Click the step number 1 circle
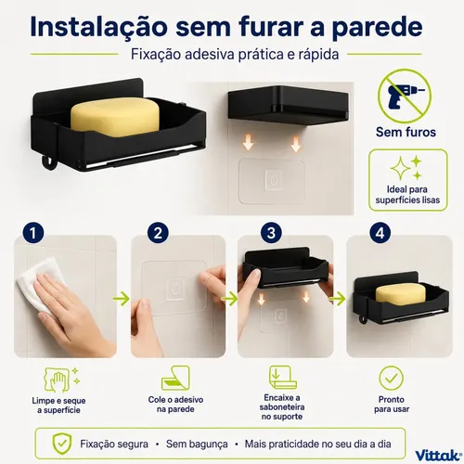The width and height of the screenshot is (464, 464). [33, 233]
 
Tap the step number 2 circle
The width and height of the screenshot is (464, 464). [158, 233]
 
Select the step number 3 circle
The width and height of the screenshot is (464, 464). [271, 233]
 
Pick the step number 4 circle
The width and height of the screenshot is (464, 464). [380, 233]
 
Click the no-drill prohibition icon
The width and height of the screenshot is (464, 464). [405, 96]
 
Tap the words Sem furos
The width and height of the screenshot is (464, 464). [406, 132]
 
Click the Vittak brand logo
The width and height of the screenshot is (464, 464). [436, 456]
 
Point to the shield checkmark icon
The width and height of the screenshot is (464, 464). [62, 444]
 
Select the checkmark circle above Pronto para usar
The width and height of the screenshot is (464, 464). [392, 378]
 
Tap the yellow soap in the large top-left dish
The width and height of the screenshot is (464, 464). [115, 117]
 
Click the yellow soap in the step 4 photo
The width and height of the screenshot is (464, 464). [396, 295]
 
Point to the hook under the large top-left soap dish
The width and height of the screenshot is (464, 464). [47, 163]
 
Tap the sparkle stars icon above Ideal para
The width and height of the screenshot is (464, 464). [406, 168]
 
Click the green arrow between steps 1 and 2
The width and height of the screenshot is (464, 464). [122, 299]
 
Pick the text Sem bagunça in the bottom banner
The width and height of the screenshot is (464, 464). [197, 445]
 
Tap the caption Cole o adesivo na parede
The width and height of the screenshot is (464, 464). [175, 405]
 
